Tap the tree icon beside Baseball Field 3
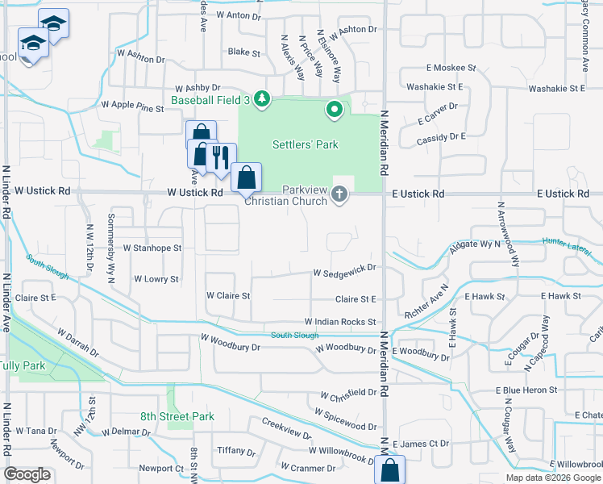tap(261, 99)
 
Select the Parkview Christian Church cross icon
tap(339, 194)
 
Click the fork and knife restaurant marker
tap(220, 156)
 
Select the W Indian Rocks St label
tap(340, 322)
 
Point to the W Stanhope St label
tap(152, 248)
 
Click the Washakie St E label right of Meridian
tap(435, 86)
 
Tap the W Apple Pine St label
tap(132, 105)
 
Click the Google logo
tap(27, 474)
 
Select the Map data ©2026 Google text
tap(553, 478)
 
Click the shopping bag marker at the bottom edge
tap(389, 469)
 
